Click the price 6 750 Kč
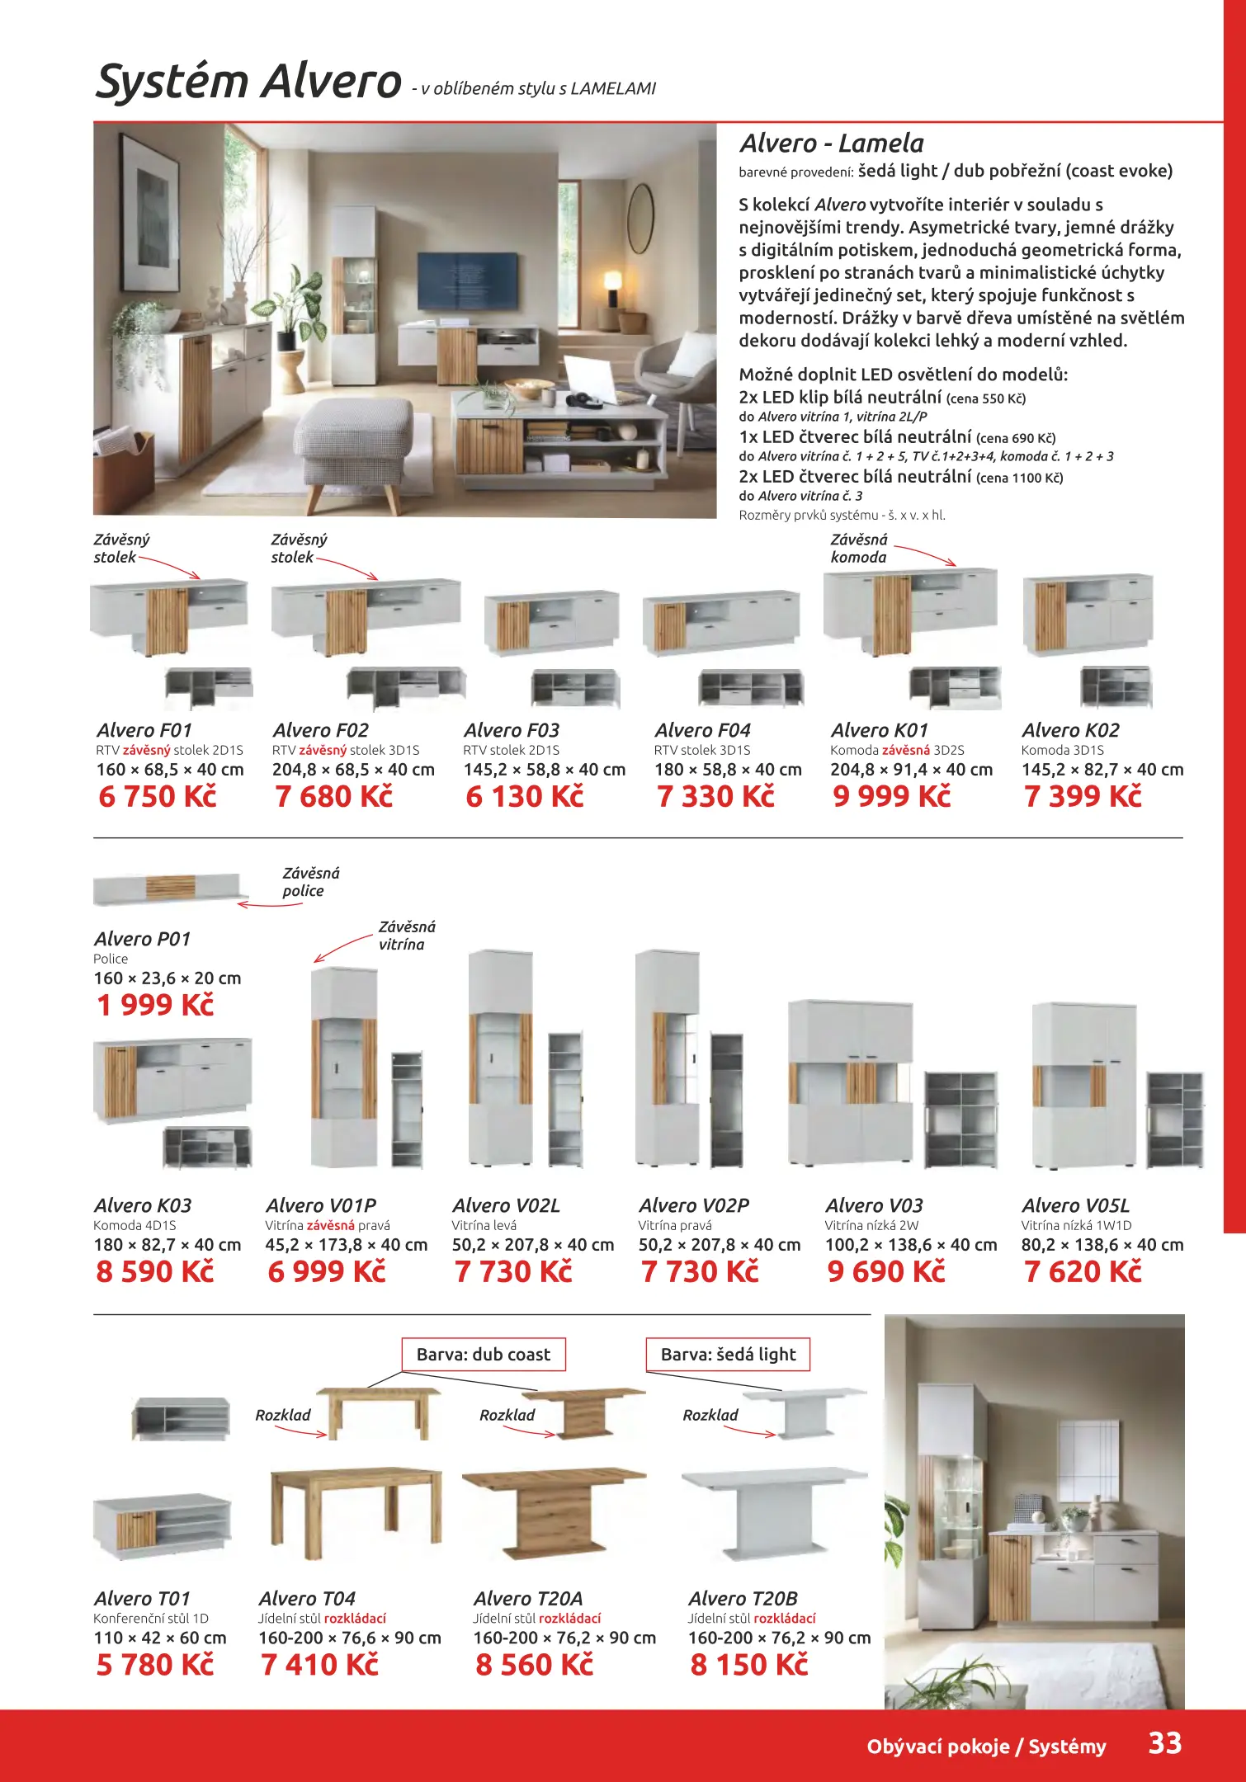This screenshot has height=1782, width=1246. pos(157,796)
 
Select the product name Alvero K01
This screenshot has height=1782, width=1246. pos(880,730)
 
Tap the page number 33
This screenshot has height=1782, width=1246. pos(1165,1742)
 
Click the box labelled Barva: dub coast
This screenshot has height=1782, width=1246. pos(484,1354)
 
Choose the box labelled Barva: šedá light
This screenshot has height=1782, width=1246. pos(728,1354)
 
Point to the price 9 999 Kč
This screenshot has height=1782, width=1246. pos(891,796)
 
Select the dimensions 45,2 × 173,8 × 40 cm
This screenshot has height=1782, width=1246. pos(347,1244)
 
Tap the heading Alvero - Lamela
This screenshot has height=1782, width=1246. pos(832,144)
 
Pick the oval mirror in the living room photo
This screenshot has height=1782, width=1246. pos(640,219)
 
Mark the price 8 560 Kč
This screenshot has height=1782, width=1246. pos(534,1664)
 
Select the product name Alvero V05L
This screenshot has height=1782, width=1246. pos(1075,1205)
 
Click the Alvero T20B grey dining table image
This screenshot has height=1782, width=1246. pos(774,1510)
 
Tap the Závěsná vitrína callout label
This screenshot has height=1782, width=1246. pos(407,936)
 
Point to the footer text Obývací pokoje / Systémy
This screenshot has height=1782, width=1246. pos(986,1746)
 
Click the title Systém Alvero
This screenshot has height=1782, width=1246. pos(248,81)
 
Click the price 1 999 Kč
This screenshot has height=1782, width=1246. pos(155,1005)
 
